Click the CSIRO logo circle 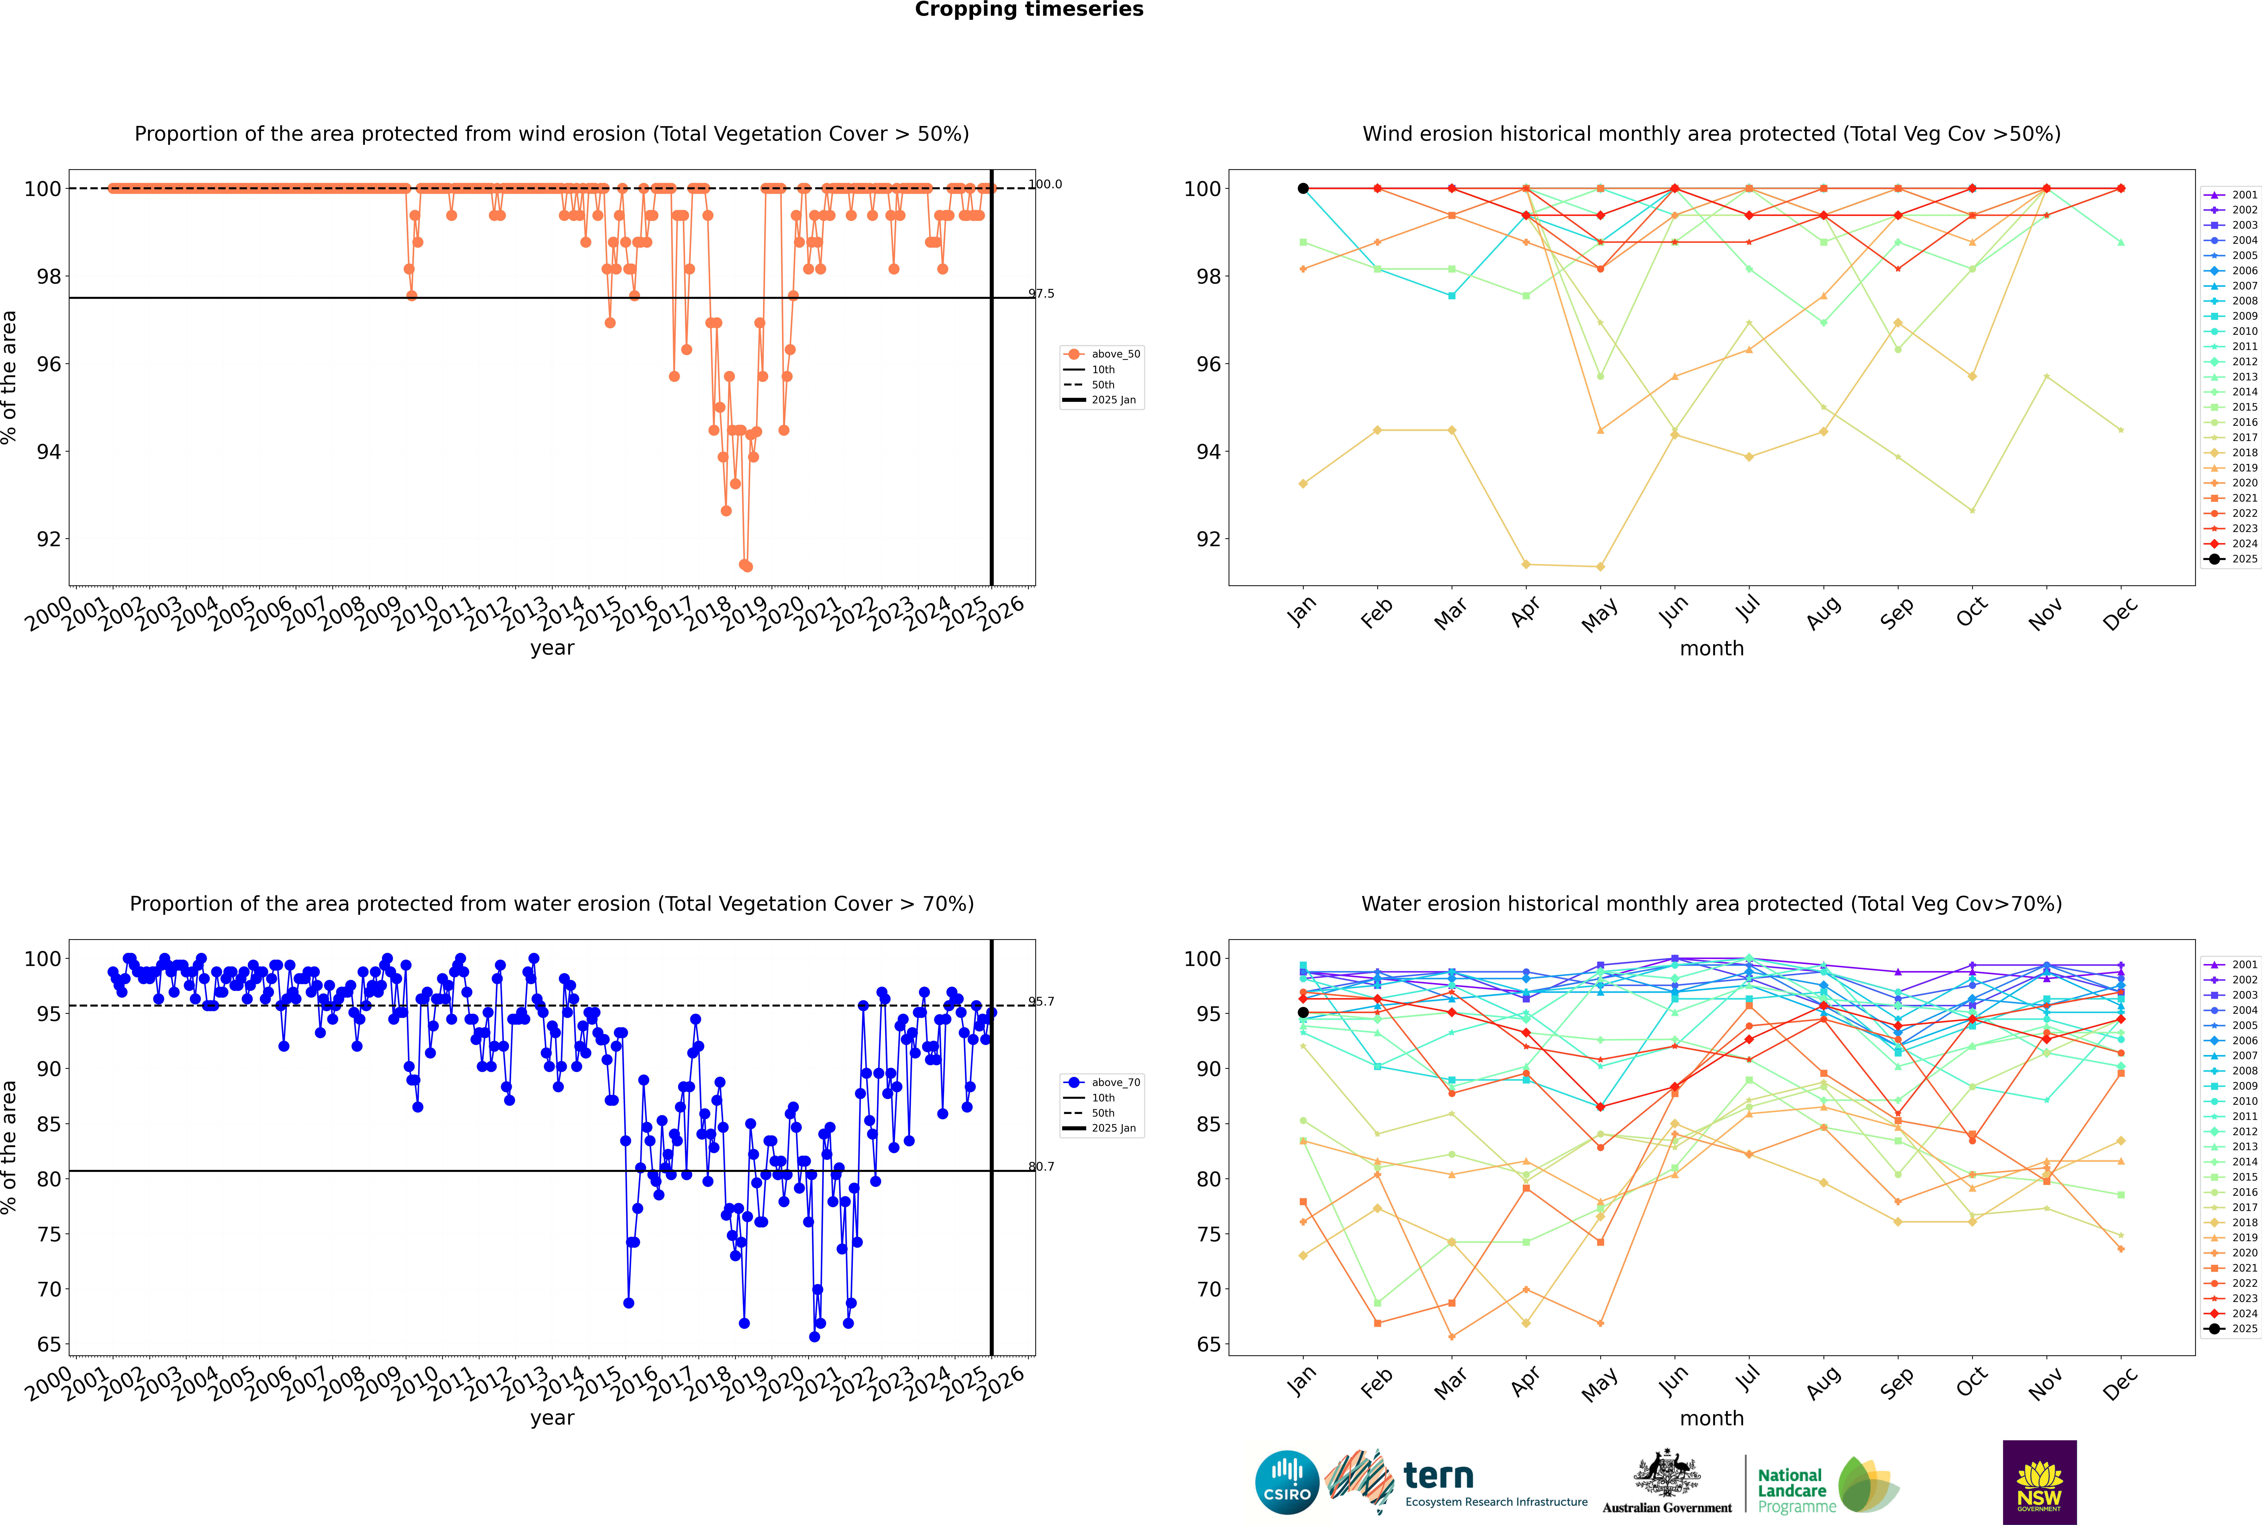click(1287, 1482)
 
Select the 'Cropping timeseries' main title click(1029, 10)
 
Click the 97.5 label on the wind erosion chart click(1042, 294)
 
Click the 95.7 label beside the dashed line click(1042, 1002)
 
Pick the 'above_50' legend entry click(1114, 354)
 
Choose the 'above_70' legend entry click(1114, 1083)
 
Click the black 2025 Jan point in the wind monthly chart click(1303, 189)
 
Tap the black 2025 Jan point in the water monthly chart click(1303, 1013)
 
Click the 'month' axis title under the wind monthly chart click(1712, 649)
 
